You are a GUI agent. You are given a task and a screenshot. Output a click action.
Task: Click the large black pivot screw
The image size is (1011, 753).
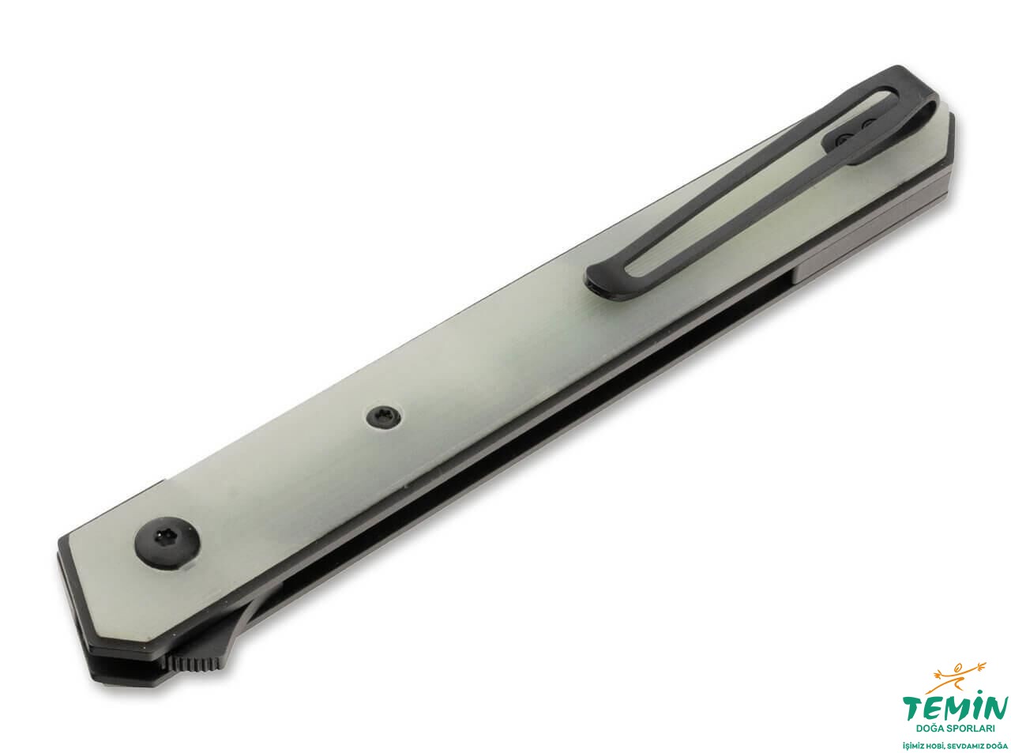tap(167, 542)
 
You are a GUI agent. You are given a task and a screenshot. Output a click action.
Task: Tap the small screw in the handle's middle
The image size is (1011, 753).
tap(384, 416)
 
